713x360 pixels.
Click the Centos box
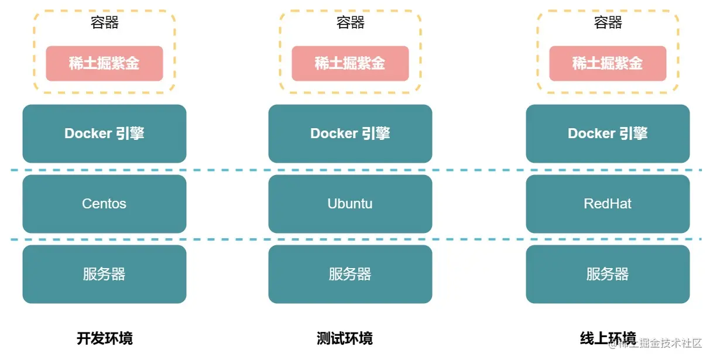click(104, 204)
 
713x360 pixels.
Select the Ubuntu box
click(350, 204)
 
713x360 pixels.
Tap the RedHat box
click(608, 204)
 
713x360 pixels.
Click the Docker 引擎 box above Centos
click(104, 133)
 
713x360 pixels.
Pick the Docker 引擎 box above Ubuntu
click(350, 133)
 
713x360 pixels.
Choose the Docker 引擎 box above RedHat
click(608, 133)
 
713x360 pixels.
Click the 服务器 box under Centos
click(104, 274)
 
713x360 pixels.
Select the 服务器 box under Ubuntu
click(350, 274)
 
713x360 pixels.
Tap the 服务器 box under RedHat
click(608, 274)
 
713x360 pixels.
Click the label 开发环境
click(105, 338)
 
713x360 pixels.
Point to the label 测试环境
click(345, 338)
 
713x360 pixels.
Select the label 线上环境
click(608, 338)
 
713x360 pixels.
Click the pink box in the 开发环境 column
click(104, 63)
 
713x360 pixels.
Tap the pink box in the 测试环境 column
click(350, 63)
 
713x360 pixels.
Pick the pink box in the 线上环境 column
click(608, 63)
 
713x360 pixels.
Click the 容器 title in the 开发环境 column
click(105, 23)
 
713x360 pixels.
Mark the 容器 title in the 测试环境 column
click(351, 23)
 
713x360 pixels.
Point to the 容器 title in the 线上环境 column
click(608, 23)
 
